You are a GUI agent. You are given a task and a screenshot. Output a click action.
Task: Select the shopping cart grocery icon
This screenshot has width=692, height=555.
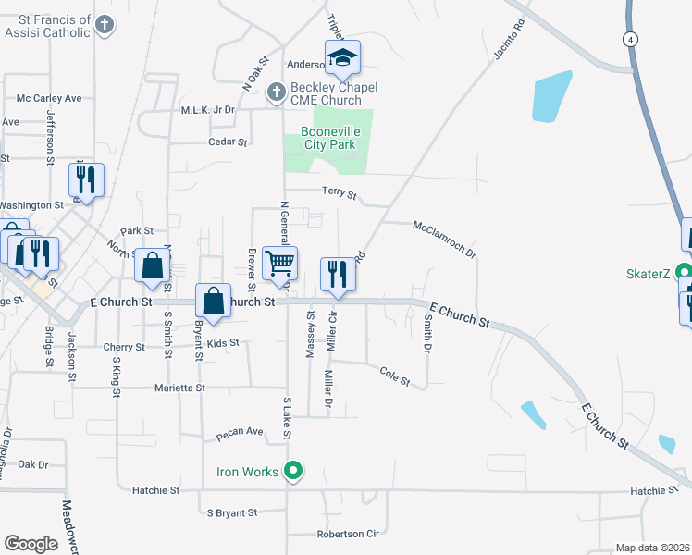pyautogui.click(x=279, y=263)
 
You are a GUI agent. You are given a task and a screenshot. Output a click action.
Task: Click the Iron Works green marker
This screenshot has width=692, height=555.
pyautogui.click(x=293, y=472)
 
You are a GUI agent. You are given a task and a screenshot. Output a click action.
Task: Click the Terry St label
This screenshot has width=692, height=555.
pyautogui.click(x=339, y=192)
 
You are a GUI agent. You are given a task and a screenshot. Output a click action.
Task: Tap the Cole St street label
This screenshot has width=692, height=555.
pyautogui.click(x=394, y=375)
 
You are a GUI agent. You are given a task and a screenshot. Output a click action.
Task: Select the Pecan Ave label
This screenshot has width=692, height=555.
pyautogui.click(x=241, y=432)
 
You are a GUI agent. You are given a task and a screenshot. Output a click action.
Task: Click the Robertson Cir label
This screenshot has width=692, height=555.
pyautogui.click(x=348, y=534)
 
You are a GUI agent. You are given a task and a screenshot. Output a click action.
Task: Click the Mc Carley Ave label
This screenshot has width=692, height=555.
pyautogui.click(x=49, y=97)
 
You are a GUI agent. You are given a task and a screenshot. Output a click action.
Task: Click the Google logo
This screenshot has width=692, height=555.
pyautogui.click(x=31, y=544)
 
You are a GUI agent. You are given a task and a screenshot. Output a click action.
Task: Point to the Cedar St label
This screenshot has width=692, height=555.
pyautogui.click(x=229, y=142)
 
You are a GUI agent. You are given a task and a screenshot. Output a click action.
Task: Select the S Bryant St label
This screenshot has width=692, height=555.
pyautogui.click(x=232, y=512)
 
